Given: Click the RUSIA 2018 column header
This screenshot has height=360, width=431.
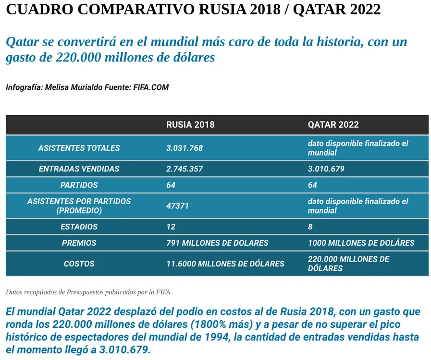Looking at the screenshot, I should (x=190, y=125).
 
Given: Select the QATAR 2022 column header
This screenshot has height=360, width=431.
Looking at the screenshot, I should (x=333, y=125).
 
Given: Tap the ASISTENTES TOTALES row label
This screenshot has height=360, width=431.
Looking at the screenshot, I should (x=79, y=148).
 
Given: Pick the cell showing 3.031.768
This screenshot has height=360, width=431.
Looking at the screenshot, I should (x=185, y=148).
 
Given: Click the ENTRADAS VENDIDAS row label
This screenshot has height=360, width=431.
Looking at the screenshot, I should (x=79, y=169).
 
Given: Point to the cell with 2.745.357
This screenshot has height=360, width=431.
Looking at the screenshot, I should (x=185, y=169).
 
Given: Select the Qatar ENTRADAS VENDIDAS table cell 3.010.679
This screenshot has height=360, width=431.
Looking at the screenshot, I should (x=326, y=169).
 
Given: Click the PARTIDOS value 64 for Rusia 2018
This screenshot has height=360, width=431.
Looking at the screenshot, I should (x=171, y=185).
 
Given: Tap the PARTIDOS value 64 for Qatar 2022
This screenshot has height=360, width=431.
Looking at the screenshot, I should (x=312, y=185).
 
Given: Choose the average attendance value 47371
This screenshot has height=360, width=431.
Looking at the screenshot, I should (x=177, y=206).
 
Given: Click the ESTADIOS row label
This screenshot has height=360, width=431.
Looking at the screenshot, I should (x=79, y=227).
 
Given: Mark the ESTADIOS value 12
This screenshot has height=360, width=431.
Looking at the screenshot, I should (x=171, y=227).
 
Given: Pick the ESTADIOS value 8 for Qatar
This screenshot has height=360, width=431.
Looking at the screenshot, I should (x=310, y=227).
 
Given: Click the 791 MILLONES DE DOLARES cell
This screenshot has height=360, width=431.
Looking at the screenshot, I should (x=217, y=243).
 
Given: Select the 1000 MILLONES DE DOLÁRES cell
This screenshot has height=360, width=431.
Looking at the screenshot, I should (x=361, y=243).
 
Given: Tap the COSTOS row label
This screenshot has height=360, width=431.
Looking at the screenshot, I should (x=79, y=264).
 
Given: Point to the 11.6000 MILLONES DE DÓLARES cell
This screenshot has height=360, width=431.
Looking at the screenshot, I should (x=225, y=264).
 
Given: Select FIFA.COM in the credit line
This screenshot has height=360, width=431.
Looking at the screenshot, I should (x=151, y=87).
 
